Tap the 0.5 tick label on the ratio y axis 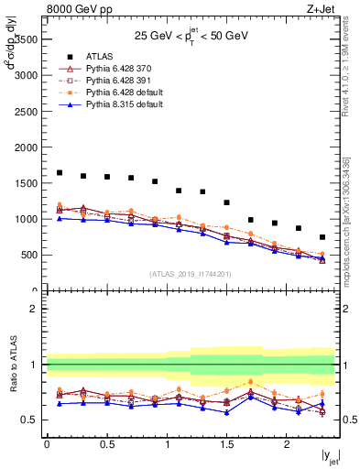pyautogui.click(x=30, y=420)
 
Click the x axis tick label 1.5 pyautogui.click(x=226, y=444)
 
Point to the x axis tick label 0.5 pyautogui.click(x=106, y=444)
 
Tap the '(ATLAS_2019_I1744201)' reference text pyautogui.click(x=191, y=273)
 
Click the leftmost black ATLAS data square pyautogui.click(x=60, y=172)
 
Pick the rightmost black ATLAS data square pyautogui.click(x=322, y=237)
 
